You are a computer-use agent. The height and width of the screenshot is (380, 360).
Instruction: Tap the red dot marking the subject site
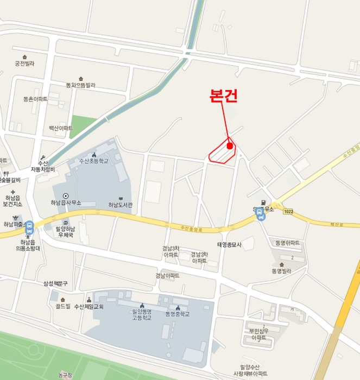tap(230, 145)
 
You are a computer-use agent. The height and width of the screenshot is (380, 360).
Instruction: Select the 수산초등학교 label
tap(94, 161)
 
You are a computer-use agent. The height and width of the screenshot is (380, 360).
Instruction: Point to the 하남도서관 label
tap(120, 205)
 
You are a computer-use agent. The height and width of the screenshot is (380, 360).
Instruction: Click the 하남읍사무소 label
tap(66, 202)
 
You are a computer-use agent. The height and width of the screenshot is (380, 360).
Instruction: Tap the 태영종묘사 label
tap(229, 245)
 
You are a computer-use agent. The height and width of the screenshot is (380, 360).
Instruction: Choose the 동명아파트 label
tap(287, 243)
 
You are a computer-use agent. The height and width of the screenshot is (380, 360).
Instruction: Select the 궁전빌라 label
tap(24, 64)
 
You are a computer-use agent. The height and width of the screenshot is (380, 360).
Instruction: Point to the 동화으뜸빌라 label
tap(80, 85)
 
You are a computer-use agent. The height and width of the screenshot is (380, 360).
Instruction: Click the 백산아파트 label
tap(60, 128)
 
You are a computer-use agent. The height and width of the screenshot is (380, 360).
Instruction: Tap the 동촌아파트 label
tap(35, 99)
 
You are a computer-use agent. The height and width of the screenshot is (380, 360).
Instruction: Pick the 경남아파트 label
tap(167, 276)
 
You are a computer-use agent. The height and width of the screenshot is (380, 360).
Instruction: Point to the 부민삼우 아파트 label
tap(258, 334)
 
